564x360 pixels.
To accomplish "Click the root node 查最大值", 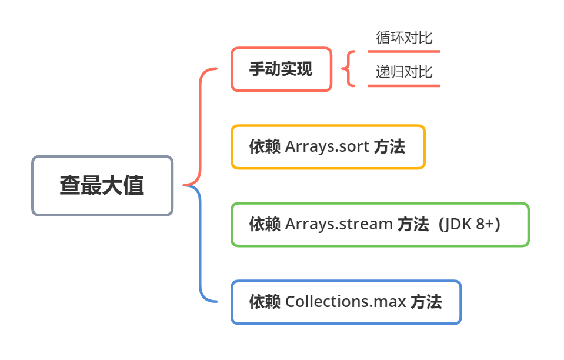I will (102, 185).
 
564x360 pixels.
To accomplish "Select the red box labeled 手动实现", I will (281, 69).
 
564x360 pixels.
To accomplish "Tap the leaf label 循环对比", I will (404, 38).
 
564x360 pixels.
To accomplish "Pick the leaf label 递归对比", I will (404, 72).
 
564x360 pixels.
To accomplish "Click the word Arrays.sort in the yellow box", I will (327, 147).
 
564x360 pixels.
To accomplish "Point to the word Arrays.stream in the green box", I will (339, 224).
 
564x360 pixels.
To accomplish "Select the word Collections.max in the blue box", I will (346, 302).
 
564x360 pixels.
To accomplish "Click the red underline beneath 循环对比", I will (404, 52).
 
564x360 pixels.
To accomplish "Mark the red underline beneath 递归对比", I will (404, 86).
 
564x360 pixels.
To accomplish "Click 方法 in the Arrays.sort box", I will (389, 147).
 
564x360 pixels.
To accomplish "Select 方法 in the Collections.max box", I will (426, 302).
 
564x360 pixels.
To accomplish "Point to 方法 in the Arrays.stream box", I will (413, 224).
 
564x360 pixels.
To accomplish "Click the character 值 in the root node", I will (134, 185).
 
